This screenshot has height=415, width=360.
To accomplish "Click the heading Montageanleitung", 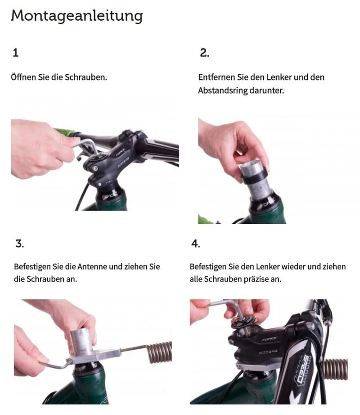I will click(x=76, y=16).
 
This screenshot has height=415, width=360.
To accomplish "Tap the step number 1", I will click(x=16, y=53).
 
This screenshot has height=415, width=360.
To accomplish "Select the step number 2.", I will click(x=204, y=53).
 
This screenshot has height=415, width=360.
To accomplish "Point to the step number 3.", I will click(x=19, y=244).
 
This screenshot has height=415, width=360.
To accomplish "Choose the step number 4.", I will click(x=195, y=244).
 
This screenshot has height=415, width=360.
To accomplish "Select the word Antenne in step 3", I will click(x=92, y=266).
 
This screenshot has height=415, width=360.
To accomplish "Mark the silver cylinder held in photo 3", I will click(x=84, y=337).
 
